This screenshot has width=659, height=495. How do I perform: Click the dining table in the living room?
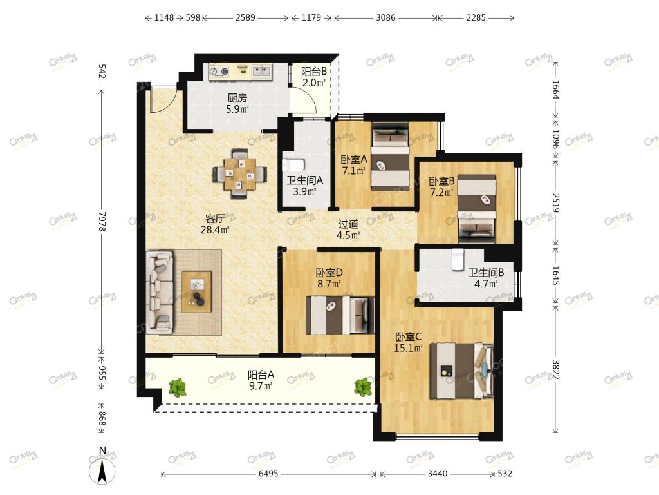(x=239, y=174)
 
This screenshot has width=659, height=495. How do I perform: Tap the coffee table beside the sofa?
(x=197, y=292)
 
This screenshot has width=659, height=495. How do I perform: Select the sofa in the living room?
(x=160, y=293)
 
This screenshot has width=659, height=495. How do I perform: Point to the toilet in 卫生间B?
(x=457, y=259)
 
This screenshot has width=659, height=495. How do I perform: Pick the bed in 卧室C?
(x=461, y=371)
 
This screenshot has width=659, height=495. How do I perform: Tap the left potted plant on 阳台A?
(x=178, y=387)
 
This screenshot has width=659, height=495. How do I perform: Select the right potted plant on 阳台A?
(x=363, y=387)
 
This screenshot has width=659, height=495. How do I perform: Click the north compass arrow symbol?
(x=102, y=471)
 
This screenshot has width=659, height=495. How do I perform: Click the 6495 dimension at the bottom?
(x=268, y=474)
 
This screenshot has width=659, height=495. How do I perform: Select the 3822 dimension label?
(x=555, y=369)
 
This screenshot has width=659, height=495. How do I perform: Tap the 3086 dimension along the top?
(x=385, y=17)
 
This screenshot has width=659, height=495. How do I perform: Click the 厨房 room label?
(x=237, y=98)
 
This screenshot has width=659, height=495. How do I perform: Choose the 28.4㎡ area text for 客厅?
(x=215, y=230)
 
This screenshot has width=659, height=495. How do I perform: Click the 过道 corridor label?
(x=348, y=224)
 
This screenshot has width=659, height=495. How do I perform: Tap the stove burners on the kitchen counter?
(x=219, y=72)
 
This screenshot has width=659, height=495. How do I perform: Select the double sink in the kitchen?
(x=261, y=70)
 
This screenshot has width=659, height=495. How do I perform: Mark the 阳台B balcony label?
(x=314, y=72)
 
